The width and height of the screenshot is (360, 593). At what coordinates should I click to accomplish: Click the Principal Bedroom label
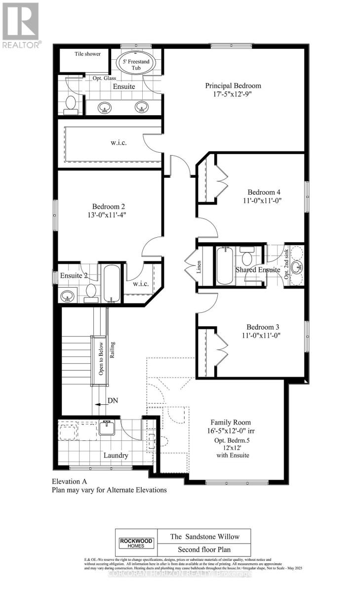coord(233,86)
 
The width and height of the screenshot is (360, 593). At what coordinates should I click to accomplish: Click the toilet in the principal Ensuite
coord(71,105)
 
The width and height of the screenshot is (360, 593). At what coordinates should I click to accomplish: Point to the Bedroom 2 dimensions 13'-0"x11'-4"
coord(108,215)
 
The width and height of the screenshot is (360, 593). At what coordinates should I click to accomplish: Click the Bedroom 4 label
coord(264,192)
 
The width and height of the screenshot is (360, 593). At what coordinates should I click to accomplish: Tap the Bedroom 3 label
coord(264,327)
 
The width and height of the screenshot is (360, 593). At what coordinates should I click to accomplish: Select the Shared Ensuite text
coord(258,270)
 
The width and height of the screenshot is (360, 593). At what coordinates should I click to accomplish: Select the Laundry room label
coord(116,455)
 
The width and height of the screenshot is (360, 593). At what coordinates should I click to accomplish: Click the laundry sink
coord(107,427)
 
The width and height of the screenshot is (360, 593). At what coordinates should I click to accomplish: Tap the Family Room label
coord(230,423)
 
